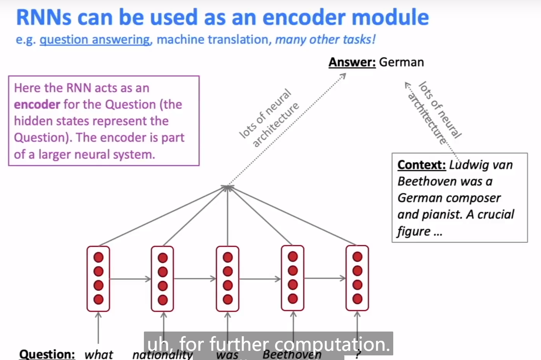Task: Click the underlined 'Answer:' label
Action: point(352,62)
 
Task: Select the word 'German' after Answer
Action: point(401,62)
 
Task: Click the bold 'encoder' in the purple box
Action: point(37,105)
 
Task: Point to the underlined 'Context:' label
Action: point(421,165)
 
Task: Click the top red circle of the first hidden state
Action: point(99,257)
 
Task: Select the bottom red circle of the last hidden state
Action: point(357,298)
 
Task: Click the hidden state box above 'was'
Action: point(228,278)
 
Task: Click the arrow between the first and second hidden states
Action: point(130,279)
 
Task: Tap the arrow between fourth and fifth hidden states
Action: point(325,278)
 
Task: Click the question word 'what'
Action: point(99,354)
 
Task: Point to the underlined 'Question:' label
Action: point(47,354)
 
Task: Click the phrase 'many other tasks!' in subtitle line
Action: point(325,40)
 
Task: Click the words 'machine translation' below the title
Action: point(212,40)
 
